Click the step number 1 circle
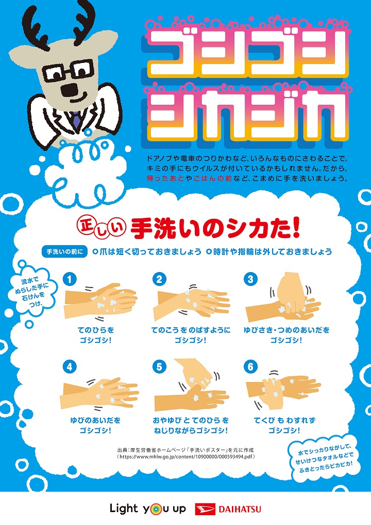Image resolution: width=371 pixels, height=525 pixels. pos(70,279)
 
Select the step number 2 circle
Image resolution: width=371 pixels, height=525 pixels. pos(160,279)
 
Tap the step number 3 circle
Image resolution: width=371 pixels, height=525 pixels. pos(250,279)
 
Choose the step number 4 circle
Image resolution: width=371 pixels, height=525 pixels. pos(70,367)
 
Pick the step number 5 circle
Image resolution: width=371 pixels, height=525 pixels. pos(160,367)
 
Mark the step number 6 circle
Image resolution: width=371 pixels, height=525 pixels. pos(250,367)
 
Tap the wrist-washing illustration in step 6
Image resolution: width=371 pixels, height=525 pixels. pos(281,388)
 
